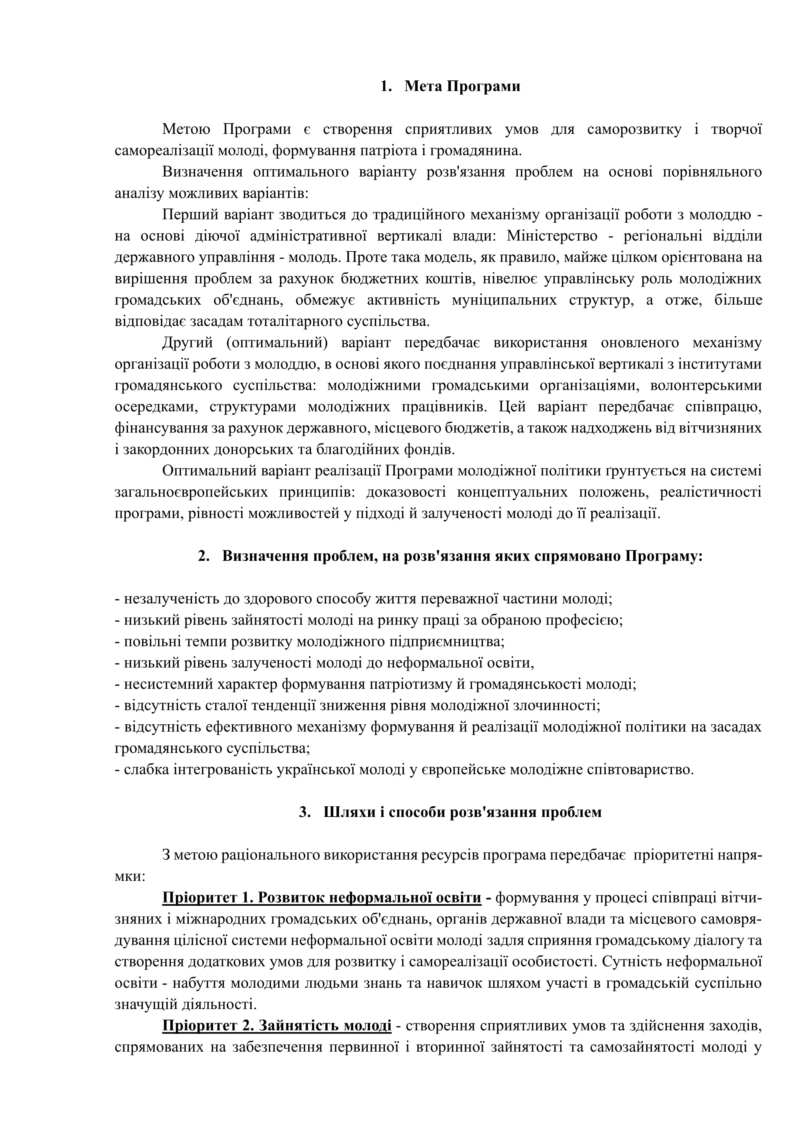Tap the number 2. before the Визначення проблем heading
(x=204, y=556)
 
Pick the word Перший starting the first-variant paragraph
(x=190, y=215)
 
